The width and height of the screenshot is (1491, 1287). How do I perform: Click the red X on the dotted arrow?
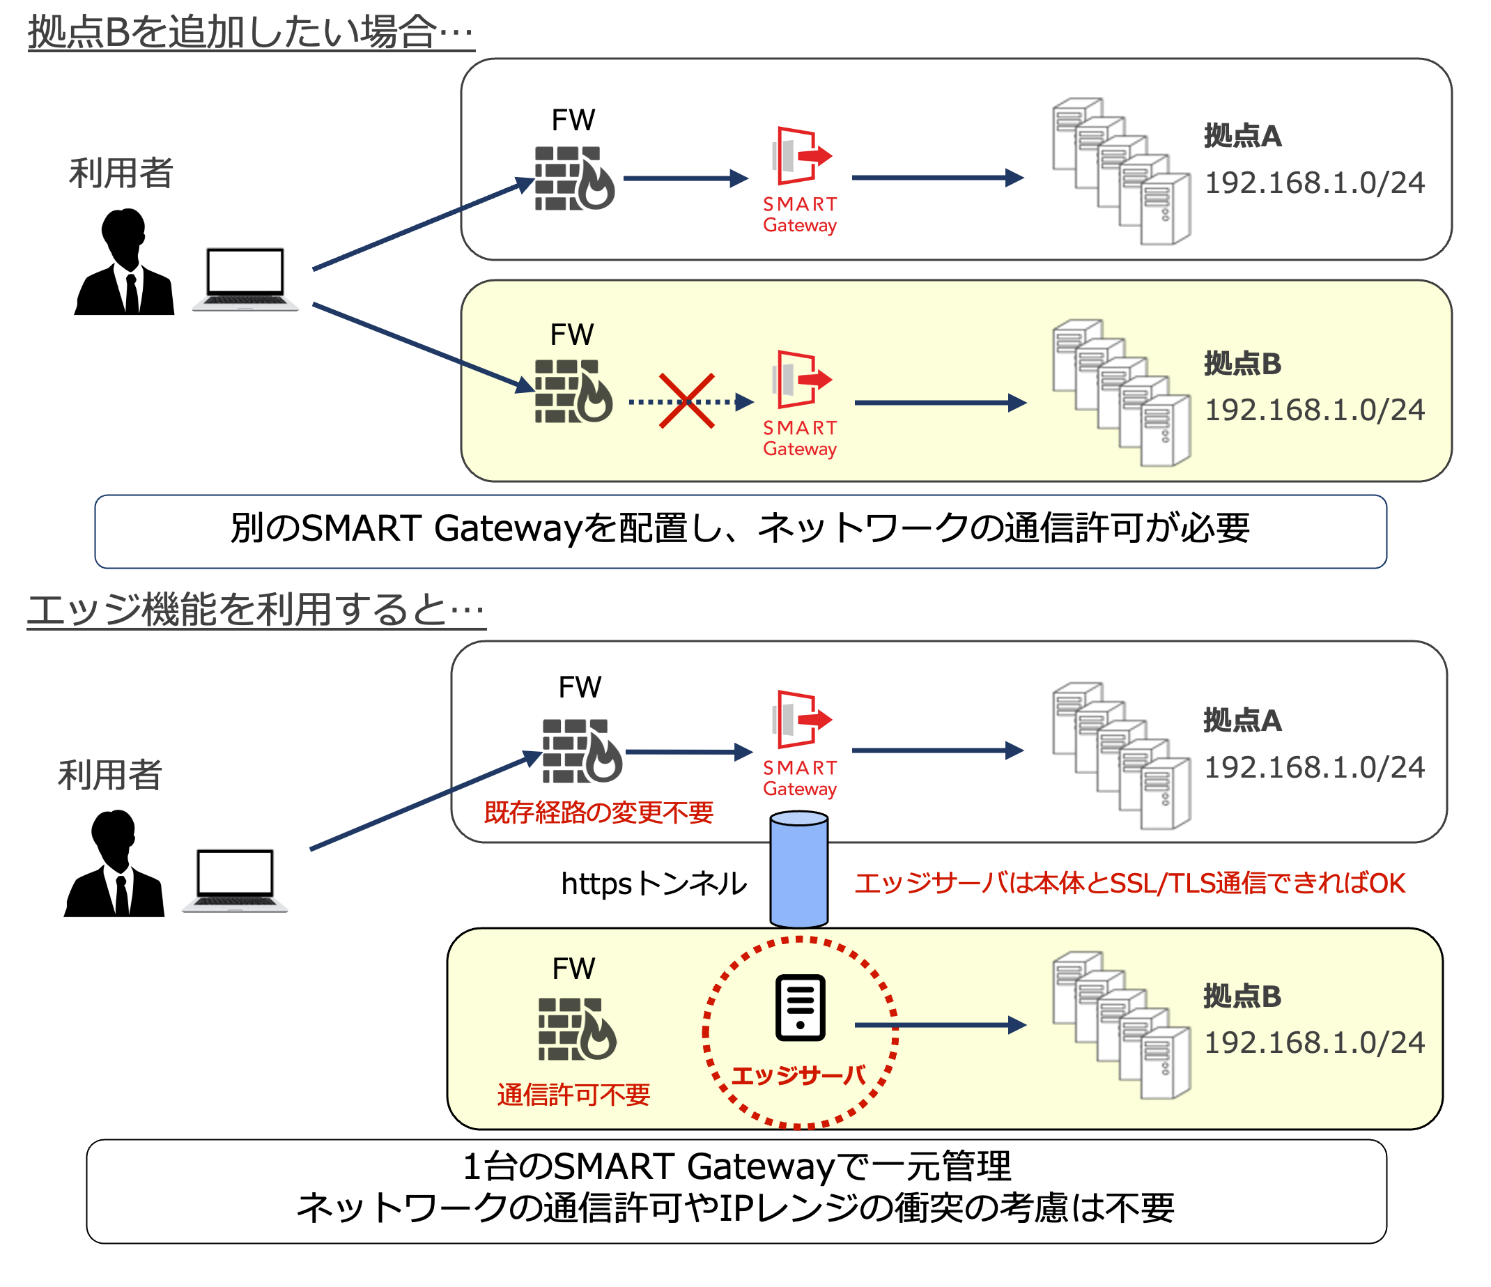[x=686, y=401]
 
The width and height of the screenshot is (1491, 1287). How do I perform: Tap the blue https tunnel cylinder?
[x=798, y=870]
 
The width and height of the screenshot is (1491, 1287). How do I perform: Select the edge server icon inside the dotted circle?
[x=800, y=1008]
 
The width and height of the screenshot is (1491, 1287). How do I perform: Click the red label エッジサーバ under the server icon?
[x=798, y=1075]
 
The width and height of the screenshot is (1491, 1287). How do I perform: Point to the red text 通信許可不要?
[x=573, y=1095]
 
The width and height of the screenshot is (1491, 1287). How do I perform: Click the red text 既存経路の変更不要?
[x=598, y=812]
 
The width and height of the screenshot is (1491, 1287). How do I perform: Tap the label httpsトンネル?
[x=654, y=884]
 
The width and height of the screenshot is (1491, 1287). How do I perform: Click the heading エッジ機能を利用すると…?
[x=256, y=610]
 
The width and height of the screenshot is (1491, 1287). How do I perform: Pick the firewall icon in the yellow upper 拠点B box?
[x=573, y=391]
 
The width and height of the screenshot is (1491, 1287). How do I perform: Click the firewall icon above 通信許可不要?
[x=577, y=1028]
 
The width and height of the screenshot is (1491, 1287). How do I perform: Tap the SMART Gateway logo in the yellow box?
[x=800, y=403]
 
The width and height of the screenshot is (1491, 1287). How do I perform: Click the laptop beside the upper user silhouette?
[x=245, y=279]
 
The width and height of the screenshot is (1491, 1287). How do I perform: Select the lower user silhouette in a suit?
[x=114, y=864]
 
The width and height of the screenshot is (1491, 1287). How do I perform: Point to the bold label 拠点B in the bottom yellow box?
[x=1242, y=996]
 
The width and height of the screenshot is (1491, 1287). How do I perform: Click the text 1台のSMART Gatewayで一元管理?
[x=736, y=1166]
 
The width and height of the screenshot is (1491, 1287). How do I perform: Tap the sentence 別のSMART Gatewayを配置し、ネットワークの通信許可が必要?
[x=740, y=528]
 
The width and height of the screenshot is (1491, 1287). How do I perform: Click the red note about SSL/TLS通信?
[x=1130, y=883]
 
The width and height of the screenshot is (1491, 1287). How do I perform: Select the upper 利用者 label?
[x=121, y=173]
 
